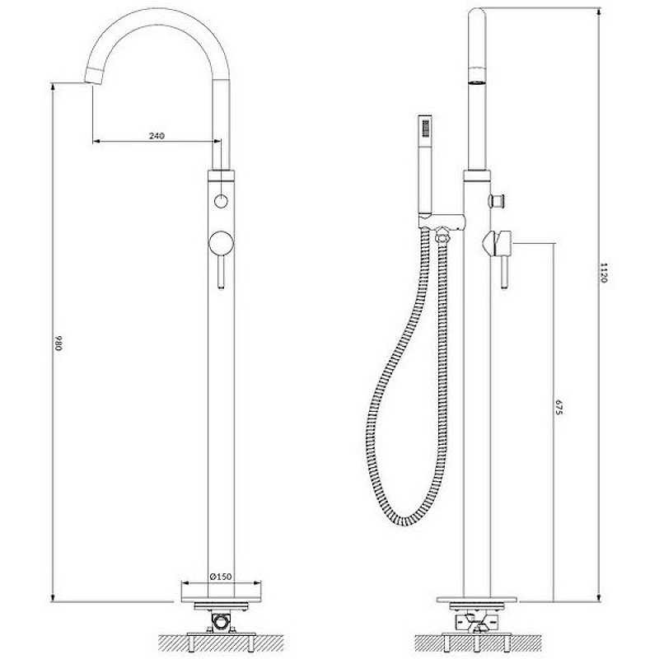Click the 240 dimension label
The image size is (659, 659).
[157, 136]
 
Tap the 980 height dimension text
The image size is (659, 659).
[58, 343]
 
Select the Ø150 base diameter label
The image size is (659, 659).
[221, 577]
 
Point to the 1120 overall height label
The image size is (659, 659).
[604, 273]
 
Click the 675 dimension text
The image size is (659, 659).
[559, 408]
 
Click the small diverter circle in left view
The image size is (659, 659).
[221, 201]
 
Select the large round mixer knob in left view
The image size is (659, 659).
[221, 243]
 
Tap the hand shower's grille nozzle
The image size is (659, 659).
[426, 128]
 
